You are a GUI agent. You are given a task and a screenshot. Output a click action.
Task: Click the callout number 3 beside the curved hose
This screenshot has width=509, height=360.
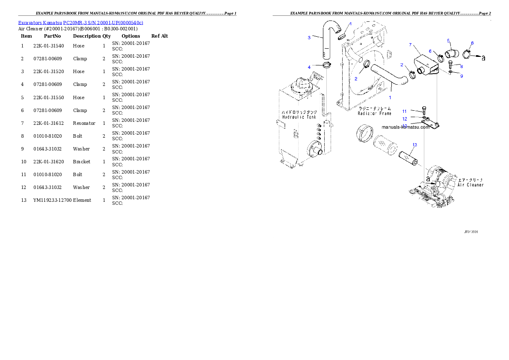coord(309,38)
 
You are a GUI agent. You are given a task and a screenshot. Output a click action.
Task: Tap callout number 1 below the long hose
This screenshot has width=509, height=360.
coord(390,97)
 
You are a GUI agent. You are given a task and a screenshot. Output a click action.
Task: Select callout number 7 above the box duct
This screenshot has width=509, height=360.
coord(410,44)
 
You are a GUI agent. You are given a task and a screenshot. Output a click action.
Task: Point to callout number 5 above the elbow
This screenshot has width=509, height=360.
coord(448,41)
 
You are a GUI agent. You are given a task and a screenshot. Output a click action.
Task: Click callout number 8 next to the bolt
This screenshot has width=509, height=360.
coord(462,66)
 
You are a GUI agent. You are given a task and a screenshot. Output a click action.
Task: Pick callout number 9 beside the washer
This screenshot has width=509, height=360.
coord(462,76)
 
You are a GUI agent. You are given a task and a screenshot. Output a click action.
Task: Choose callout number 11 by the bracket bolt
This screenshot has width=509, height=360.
coord(404,112)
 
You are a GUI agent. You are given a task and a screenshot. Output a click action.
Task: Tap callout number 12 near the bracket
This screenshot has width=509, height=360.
coord(404,119)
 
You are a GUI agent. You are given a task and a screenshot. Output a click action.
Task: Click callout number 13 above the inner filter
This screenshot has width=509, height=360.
coord(414,145)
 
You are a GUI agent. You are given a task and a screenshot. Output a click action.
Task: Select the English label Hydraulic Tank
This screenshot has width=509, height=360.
coord(299,117)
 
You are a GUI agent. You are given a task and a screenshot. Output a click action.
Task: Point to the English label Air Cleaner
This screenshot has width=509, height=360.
coord(470,185)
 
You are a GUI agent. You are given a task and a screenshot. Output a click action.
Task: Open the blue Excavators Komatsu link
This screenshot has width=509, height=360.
coord(80,23)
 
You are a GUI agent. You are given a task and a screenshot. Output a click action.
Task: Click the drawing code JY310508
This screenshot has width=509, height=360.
coord(471,232)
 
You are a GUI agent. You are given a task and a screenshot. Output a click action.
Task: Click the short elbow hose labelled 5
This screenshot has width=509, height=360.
coord(451,53)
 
